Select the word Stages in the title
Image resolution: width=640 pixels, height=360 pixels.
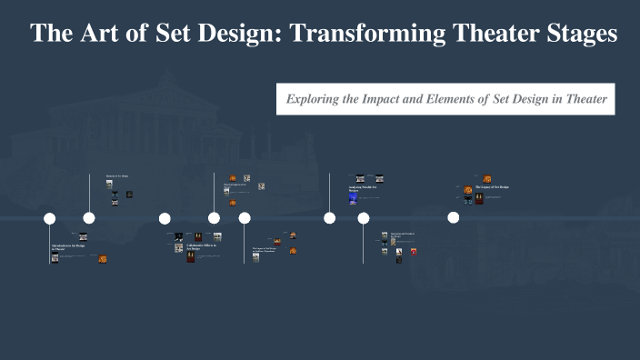pyautogui.click(x=575, y=34)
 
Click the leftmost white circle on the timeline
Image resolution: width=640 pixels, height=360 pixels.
pyautogui.click(x=50, y=218)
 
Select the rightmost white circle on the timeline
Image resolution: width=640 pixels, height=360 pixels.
pyautogui.click(x=453, y=218)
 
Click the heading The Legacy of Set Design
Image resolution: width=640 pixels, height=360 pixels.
pyautogui.click(x=492, y=187)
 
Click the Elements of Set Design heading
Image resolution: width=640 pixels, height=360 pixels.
pyautogui.click(x=118, y=175)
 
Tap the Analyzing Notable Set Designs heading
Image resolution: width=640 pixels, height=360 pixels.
pyautogui.click(x=360, y=189)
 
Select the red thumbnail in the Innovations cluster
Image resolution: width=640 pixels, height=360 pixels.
pyautogui.click(x=413, y=251)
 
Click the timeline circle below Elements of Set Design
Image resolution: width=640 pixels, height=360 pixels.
pyautogui.click(x=89, y=218)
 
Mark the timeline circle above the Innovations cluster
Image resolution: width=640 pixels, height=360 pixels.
pyautogui.click(x=364, y=218)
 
